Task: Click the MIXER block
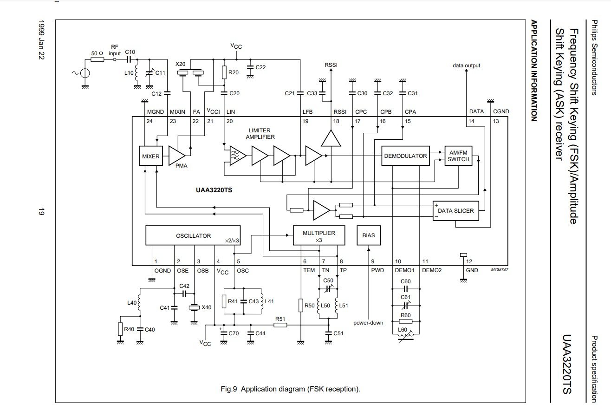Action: coord(150,156)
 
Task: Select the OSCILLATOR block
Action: coord(193,235)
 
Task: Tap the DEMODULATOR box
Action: coord(405,156)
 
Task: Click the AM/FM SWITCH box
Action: coord(459,156)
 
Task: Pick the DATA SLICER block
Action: coord(456,211)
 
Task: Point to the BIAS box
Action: coord(368,235)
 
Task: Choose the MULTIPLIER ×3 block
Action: coord(319,235)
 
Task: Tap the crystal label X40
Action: coord(207,307)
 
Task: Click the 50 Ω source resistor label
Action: coord(97,54)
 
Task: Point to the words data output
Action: coord(466,65)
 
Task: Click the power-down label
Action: coord(368,322)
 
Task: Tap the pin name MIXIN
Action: coord(177,111)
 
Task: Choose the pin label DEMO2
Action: coord(431,270)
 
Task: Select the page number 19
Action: coord(41,213)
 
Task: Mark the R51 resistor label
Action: coord(280,319)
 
